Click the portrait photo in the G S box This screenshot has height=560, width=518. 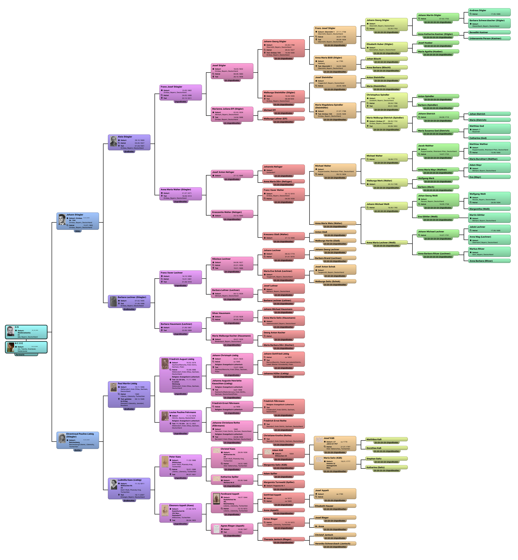coord(10,331)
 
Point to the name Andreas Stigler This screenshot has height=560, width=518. coord(478,10)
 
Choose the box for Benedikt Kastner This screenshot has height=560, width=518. coord(489,33)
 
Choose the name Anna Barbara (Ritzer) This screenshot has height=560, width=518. coord(481,261)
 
